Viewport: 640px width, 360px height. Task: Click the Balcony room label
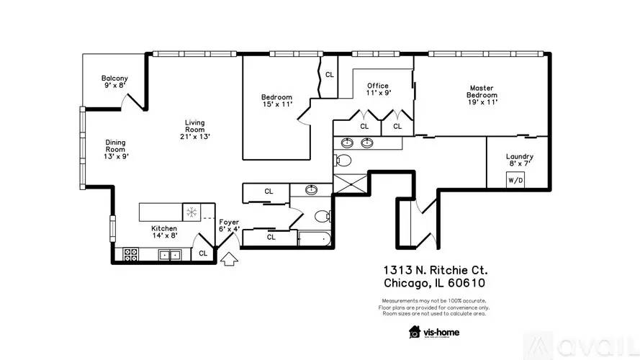click(x=114, y=81)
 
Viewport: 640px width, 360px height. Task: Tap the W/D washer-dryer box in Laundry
click(x=515, y=180)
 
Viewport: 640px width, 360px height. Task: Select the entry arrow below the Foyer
click(x=230, y=258)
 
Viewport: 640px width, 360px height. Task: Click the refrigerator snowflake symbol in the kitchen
click(x=191, y=212)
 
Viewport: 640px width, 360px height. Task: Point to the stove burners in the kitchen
click(x=130, y=254)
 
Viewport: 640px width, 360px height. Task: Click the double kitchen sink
click(x=170, y=255)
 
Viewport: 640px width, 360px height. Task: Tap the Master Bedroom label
click(x=482, y=95)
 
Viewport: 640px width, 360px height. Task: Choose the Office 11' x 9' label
click(x=378, y=89)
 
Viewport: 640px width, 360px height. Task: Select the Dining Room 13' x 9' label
click(x=116, y=149)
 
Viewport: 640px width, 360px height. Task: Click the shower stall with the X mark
click(x=351, y=184)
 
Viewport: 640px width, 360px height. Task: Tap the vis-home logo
click(x=434, y=332)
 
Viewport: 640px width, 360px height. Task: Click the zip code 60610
click(x=467, y=283)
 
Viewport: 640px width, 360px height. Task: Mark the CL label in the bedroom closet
click(x=330, y=75)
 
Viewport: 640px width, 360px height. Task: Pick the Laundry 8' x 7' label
click(x=519, y=160)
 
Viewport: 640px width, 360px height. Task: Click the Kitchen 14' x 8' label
click(x=164, y=232)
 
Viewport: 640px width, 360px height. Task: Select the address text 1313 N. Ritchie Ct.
click(x=435, y=270)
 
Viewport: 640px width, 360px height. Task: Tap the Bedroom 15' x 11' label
click(x=277, y=100)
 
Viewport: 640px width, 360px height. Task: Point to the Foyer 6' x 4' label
click(x=229, y=225)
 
